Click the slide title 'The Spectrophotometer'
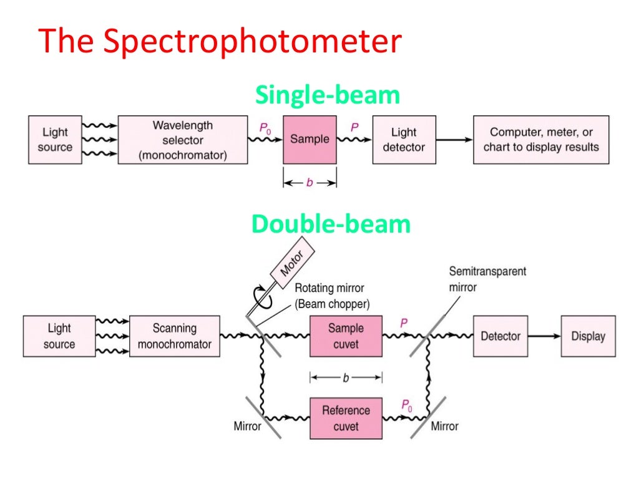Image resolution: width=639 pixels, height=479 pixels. click(220, 42)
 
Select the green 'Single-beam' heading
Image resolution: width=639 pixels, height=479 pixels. click(328, 95)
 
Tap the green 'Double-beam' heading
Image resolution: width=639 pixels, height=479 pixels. click(331, 223)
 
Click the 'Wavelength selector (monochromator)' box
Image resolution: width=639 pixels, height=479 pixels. click(182, 140)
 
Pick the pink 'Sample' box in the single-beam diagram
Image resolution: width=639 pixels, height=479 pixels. click(310, 140)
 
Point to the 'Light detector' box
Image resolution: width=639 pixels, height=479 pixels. click(404, 140)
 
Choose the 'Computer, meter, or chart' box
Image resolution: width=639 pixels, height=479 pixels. click(541, 140)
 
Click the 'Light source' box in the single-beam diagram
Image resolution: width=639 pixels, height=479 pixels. click(55, 140)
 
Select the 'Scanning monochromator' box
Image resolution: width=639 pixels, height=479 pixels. click(174, 336)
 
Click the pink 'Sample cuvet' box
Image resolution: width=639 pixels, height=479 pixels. click(346, 336)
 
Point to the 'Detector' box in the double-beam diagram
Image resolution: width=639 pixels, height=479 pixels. click(500, 336)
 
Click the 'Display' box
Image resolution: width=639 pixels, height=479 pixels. click(588, 336)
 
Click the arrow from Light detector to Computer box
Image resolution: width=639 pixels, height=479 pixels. click(454, 140)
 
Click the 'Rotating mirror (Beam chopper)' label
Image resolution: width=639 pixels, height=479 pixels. click(329, 296)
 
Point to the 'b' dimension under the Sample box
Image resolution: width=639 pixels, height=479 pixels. click(310, 183)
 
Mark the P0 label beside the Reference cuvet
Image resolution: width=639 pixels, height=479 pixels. click(406, 407)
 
